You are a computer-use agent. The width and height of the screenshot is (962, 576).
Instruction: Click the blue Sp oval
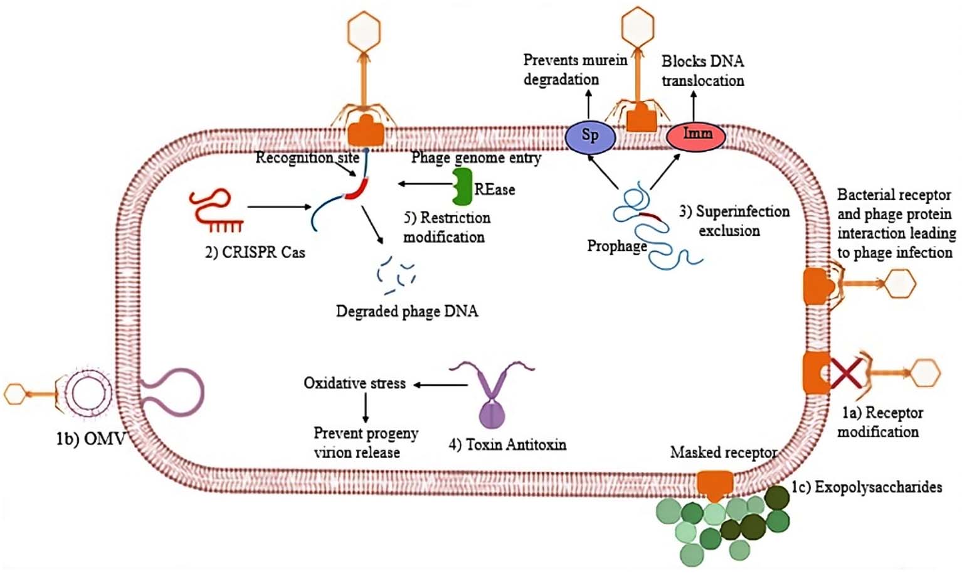[x=589, y=136]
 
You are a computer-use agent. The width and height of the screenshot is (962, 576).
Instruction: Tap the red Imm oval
[x=695, y=136]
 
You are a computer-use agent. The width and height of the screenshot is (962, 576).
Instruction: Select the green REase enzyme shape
[x=462, y=186]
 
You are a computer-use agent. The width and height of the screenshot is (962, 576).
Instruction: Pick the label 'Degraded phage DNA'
[x=407, y=311]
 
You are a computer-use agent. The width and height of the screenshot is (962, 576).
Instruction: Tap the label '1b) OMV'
[x=90, y=439]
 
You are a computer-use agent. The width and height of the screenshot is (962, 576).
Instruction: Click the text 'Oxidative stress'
[x=354, y=383]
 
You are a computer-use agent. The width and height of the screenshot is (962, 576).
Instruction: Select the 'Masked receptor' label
[x=723, y=452]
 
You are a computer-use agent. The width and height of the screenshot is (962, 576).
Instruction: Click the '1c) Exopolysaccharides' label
[x=866, y=487]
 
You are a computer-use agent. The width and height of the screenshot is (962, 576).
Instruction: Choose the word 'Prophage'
[x=616, y=246]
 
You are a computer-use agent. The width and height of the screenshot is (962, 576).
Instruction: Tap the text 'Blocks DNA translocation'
[x=702, y=71]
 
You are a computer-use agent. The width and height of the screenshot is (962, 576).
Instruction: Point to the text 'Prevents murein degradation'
[x=574, y=70]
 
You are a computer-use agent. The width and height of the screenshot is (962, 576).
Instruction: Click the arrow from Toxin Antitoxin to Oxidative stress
[x=440, y=385]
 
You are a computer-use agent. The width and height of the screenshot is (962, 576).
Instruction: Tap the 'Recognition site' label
[x=307, y=157]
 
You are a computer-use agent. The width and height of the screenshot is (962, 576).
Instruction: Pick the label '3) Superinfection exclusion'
[x=734, y=221]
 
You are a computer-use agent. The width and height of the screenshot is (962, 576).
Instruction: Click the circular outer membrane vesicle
[x=84, y=394]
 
